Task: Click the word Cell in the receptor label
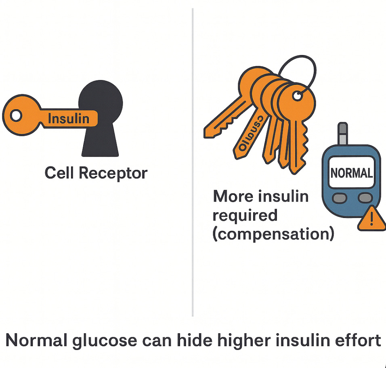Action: coord(59,173)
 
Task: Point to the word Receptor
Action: coord(113,173)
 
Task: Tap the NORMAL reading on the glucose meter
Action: coord(351,173)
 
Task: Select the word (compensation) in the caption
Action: coord(273,234)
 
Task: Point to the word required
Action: coord(245,215)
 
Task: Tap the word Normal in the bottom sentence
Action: coord(36,341)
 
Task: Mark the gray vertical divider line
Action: coord(193,162)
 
